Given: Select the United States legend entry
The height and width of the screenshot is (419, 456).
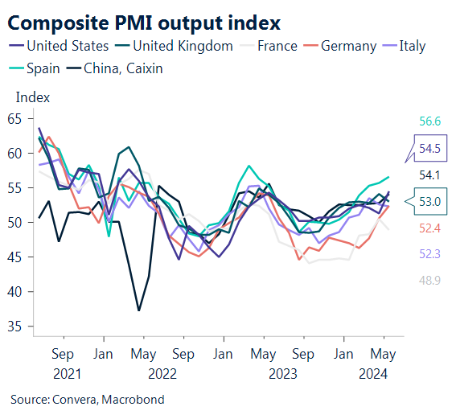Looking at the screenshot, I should [68, 46].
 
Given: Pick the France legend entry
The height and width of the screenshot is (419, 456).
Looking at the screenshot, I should [277, 46].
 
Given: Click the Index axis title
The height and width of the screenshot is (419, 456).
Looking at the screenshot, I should [33, 97].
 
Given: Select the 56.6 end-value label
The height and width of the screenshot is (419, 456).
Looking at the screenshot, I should [429, 121].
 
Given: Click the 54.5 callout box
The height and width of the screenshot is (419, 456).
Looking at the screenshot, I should [429, 148].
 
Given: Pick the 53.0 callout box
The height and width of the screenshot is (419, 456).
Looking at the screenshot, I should [429, 201].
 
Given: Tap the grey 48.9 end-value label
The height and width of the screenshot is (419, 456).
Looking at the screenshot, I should [429, 280].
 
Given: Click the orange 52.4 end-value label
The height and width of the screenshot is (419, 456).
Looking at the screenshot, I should [429, 228].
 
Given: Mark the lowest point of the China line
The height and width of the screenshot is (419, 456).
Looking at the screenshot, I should [139, 310].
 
